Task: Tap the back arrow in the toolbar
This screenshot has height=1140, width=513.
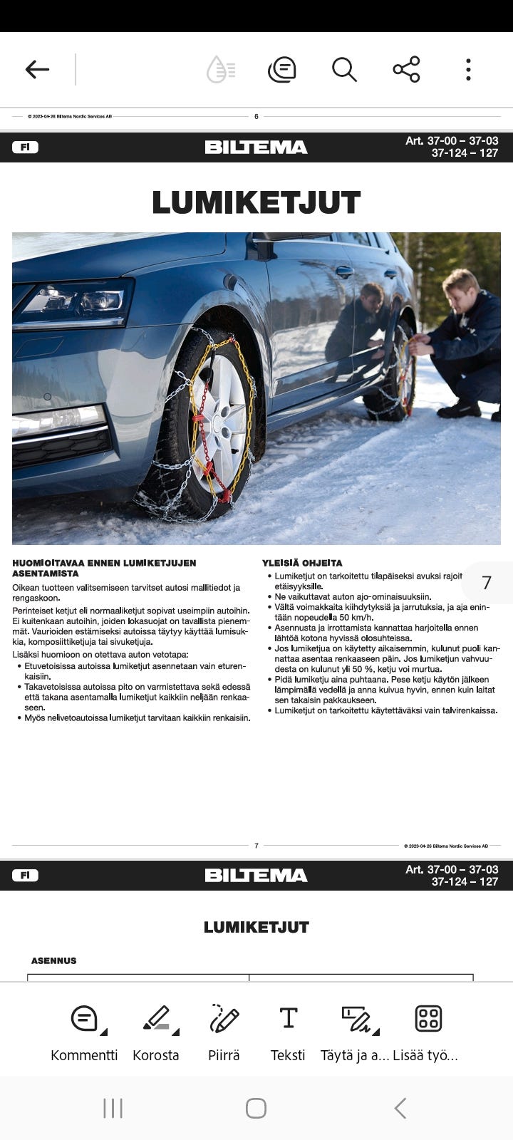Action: click(37, 69)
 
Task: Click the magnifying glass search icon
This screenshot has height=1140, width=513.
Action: click(344, 69)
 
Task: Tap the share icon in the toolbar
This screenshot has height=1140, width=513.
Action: click(406, 69)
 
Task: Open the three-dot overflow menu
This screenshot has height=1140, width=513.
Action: click(468, 69)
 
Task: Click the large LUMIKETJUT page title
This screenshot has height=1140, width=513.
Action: click(256, 202)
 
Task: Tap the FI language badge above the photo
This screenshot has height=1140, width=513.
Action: click(25, 147)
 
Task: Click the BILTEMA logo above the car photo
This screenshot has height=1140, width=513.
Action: click(256, 147)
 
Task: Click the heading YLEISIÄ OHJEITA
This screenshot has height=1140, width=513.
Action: click(302, 563)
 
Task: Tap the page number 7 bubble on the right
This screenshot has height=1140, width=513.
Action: click(487, 583)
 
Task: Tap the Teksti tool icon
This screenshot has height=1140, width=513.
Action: click(288, 1019)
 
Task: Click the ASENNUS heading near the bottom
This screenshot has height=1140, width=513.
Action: click(53, 960)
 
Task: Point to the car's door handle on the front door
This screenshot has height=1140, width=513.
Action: click(345, 271)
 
